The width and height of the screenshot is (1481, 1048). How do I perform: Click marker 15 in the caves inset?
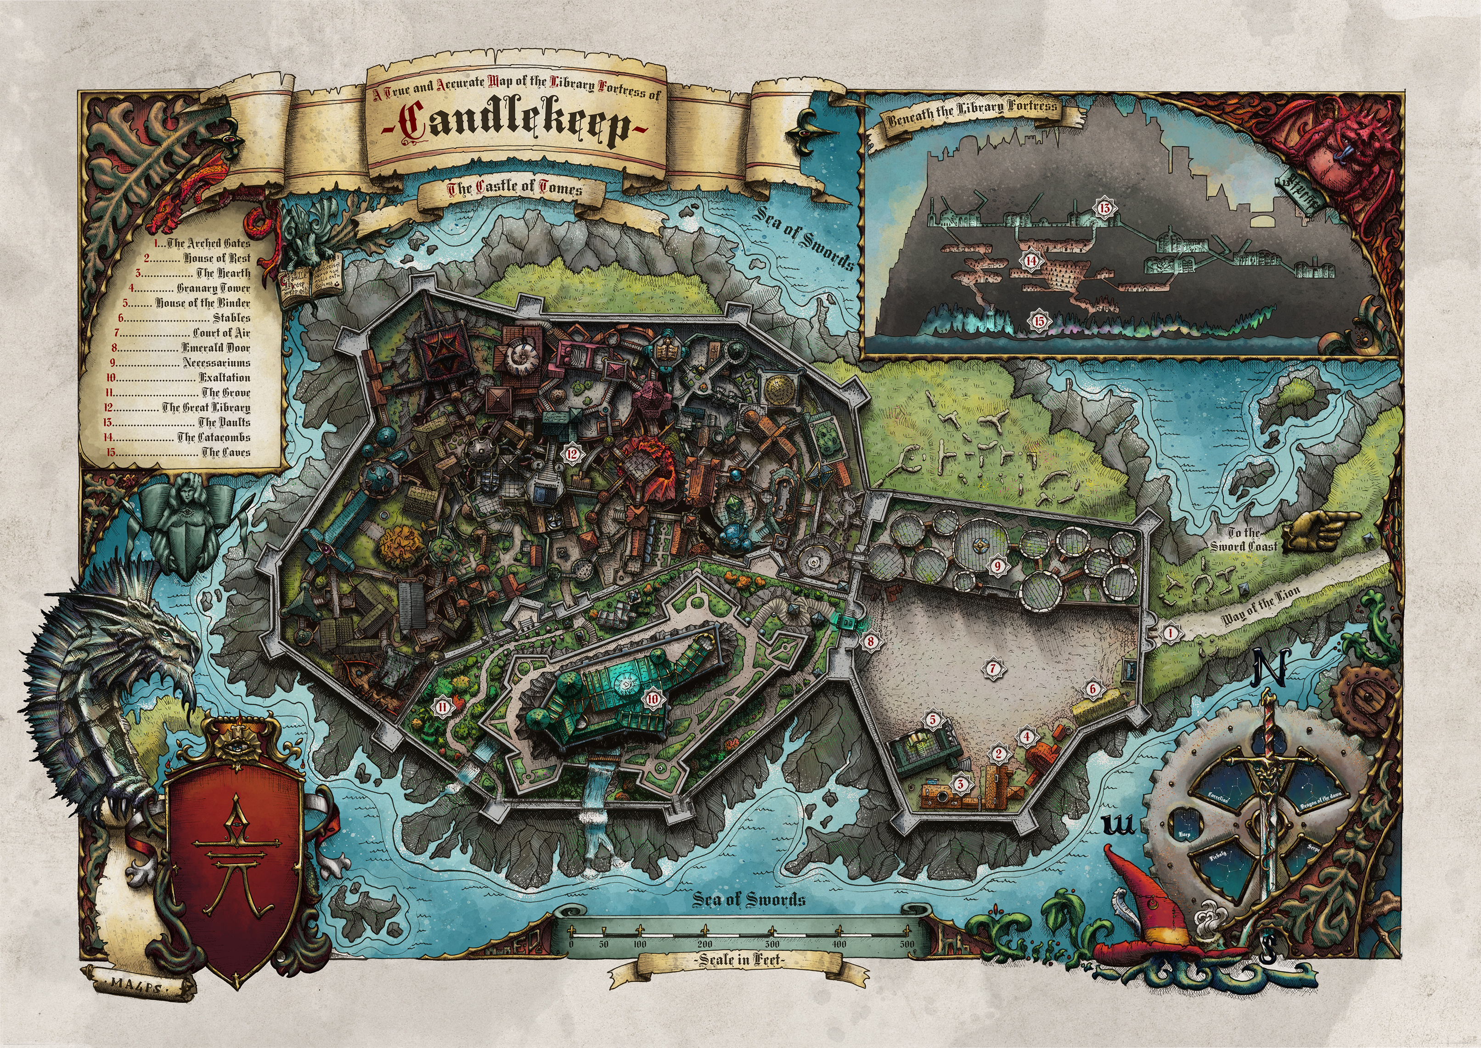[1038, 319]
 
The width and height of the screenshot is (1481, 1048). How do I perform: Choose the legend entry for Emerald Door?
[215, 348]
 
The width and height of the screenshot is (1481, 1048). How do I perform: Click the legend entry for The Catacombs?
[213, 437]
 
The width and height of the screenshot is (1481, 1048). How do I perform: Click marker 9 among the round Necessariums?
[997, 565]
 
